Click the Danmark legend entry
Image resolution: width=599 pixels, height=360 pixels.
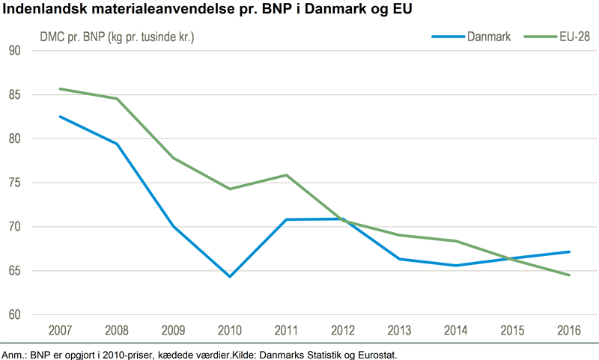(x=471, y=37)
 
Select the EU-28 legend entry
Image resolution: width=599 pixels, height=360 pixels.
(x=556, y=37)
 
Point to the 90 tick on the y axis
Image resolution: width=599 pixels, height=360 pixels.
(x=14, y=50)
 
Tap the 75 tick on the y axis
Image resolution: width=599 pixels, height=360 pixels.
(x=14, y=183)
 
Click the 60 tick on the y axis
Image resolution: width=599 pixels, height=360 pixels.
(x=14, y=314)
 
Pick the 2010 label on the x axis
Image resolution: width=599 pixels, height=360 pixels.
(x=230, y=330)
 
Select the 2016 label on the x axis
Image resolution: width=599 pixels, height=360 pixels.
(x=569, y=330)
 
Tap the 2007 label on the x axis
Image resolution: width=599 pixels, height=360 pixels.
(x=60, y=330)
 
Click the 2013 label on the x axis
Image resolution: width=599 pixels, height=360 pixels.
(x=399, y=330)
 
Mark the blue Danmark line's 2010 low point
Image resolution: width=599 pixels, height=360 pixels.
(x=230, y=276)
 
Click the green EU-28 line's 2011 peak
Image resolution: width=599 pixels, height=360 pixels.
(x=286, y=175)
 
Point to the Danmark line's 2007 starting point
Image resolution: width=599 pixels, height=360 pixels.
(x=61, y=117)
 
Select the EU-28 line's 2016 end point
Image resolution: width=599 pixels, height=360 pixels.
(x=569, y=275)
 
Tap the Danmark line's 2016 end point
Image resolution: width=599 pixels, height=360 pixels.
(x=569, y=251)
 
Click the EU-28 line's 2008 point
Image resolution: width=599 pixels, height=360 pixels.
(x=117, y=99)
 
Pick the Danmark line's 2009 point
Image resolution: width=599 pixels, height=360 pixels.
(x=173, y=226)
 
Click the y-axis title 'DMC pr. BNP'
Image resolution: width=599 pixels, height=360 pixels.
(x=73, y=37)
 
